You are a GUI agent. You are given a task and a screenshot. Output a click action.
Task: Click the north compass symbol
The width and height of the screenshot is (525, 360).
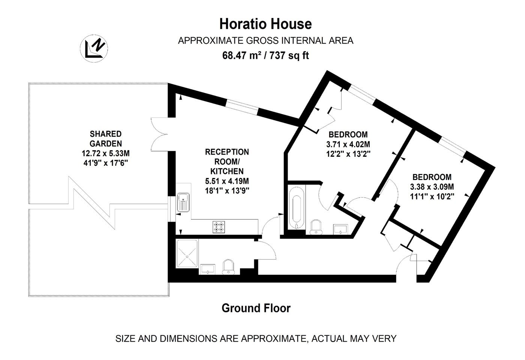tap(94, 48)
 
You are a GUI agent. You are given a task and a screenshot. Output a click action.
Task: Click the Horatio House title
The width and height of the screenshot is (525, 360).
tap(265, 24)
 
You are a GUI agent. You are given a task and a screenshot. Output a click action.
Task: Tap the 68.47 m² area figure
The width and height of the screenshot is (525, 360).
tap(241, 55)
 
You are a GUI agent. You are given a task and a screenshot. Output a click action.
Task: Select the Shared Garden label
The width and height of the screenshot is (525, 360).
tap(106, 138)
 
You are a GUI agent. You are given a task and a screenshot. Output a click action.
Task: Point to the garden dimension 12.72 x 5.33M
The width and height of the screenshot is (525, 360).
tap(106, 153)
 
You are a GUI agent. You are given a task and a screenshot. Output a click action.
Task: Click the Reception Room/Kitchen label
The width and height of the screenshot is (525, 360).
tap(227, 162)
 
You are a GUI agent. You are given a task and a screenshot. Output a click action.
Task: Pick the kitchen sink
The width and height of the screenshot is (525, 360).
tap(183, 202)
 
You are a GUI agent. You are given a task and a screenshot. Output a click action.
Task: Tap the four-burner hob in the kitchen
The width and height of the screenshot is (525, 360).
tap(219, 227)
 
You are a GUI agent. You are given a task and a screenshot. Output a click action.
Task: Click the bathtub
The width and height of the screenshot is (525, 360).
tap(297, 208)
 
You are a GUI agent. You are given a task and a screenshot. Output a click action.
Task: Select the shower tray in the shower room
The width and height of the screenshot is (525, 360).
tap(187, 253)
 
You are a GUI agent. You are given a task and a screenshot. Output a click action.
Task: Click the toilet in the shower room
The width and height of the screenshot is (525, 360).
tap(228, 267)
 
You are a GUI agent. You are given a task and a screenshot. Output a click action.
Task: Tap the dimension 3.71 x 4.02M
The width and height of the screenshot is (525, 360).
tap(348, 144)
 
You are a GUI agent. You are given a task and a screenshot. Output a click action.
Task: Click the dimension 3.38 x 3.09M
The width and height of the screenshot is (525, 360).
tap(432, 187)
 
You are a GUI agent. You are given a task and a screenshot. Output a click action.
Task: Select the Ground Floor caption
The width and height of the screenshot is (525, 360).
tap(256, 308)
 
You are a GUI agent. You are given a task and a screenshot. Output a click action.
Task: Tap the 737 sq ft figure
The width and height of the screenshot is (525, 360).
tap(289, 55)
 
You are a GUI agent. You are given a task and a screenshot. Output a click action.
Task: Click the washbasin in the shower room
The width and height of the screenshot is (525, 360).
tap(207, 269)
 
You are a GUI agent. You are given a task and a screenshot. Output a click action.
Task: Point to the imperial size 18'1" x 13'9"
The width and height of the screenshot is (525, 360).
tap(227, 191)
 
